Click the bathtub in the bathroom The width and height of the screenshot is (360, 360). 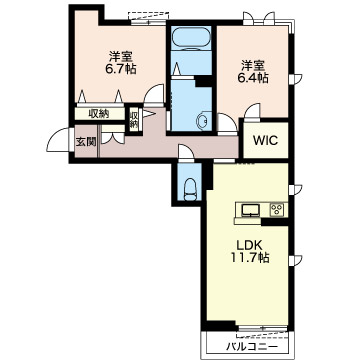191,38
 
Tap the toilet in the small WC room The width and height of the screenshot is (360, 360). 190,189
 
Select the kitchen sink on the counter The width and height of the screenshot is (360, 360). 251,210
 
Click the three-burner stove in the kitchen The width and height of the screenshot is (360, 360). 277,210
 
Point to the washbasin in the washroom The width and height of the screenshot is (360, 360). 202,120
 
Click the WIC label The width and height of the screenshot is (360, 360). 265,140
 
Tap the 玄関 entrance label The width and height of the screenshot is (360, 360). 86,142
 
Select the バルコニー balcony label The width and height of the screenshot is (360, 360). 252,347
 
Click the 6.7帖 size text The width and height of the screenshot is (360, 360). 119,69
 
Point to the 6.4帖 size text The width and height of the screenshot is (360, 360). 252,78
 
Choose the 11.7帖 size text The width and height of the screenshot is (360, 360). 250,258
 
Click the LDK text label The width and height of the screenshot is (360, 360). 250,246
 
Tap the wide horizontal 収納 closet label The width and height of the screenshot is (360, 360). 99,114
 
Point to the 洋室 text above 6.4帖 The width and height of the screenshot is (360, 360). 251,65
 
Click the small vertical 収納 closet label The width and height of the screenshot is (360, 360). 134,120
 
